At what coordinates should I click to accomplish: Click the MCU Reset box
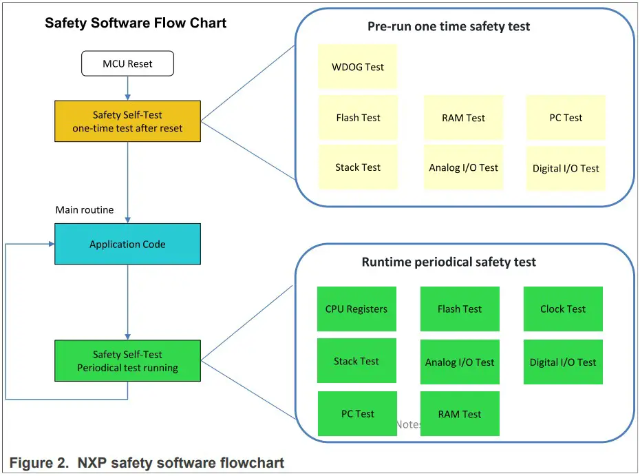[x=127, y=64]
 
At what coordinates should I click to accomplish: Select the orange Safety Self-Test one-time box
[x=127, y=121]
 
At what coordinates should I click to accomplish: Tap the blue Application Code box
[x=127, y=244]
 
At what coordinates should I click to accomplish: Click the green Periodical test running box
[x=127, y=361]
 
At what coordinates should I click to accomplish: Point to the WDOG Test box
[x=357, y=67]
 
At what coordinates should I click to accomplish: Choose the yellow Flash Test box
[x=358, y=118]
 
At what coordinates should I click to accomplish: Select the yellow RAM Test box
[x=463, y=118]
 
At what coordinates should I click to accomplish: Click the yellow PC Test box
[x=565, y=118]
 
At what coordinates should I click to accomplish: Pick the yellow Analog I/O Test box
[x=463, y=167]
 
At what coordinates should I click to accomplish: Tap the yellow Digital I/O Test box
[x=565, y=168]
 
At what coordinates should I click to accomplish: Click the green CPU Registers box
[x=356, y=309]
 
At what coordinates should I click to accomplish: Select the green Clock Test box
[x=563, y=309]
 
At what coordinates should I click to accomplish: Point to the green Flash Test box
[x=460, y=309]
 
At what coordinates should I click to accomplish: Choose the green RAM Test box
[x=460, y=414]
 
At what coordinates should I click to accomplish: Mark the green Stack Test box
[x=356, y=361]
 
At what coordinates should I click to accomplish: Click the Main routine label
[x=85, y=209]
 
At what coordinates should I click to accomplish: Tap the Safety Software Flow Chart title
[x=136, y=23]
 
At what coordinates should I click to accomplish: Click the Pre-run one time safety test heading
[x=449, y=27]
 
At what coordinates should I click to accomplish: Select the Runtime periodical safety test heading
[x=449, y=262]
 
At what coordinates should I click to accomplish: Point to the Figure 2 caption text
[x=147, y=463]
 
